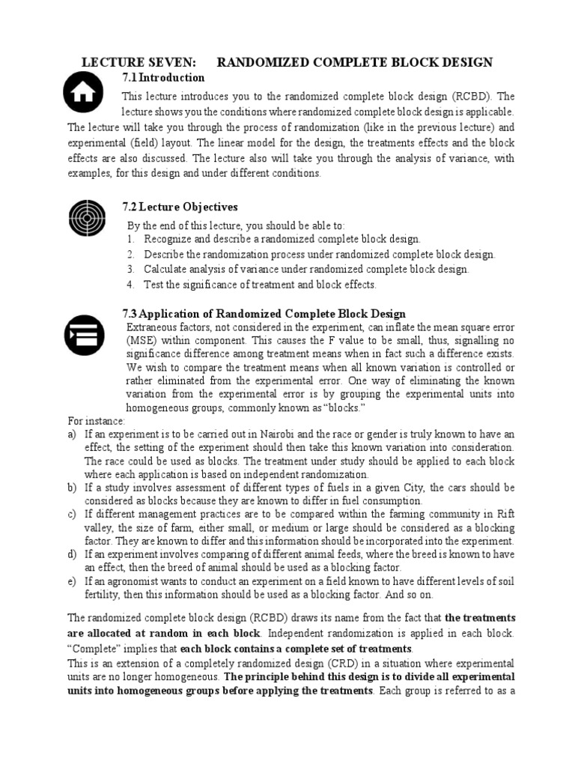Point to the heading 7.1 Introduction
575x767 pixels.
coord(163,78)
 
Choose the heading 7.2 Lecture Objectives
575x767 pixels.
coord(180,206)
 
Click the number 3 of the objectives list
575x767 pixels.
coord(130,269)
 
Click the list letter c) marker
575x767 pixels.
coord(73,514)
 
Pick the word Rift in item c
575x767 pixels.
coord(503,514)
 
